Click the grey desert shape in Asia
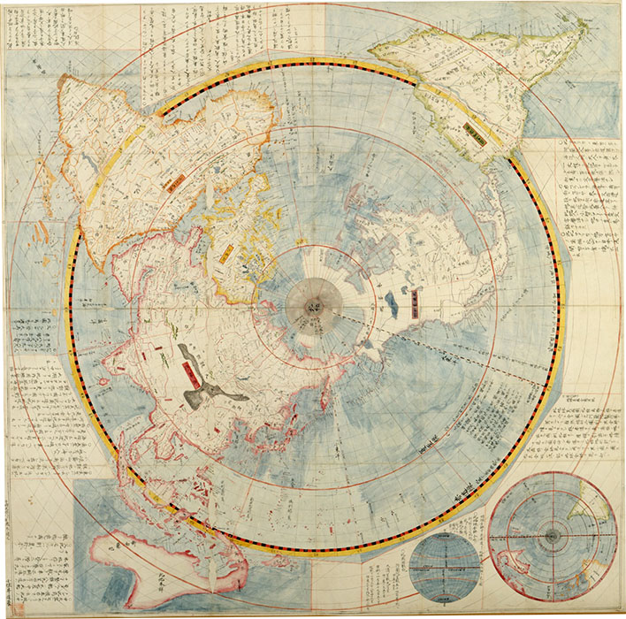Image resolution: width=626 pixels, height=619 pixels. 198,375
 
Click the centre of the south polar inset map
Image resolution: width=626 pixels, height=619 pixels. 553,536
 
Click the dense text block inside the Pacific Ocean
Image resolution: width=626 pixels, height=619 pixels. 482,416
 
